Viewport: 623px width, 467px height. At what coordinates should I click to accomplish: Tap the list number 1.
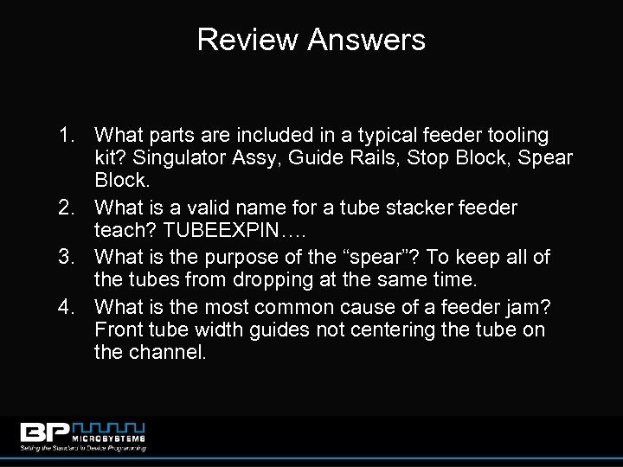(68, 136)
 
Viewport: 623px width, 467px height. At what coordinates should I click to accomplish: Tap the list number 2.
(68, 208)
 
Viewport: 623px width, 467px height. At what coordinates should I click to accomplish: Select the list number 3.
(68, 257)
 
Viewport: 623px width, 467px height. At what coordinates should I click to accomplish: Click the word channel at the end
(167, 355)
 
